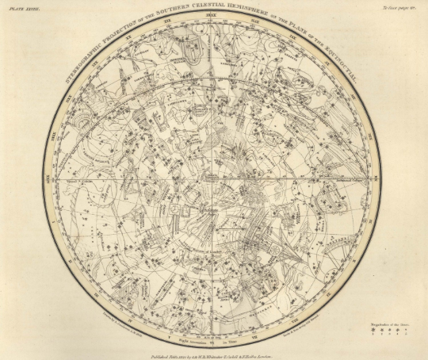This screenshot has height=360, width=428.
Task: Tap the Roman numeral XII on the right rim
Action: point(381,180)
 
